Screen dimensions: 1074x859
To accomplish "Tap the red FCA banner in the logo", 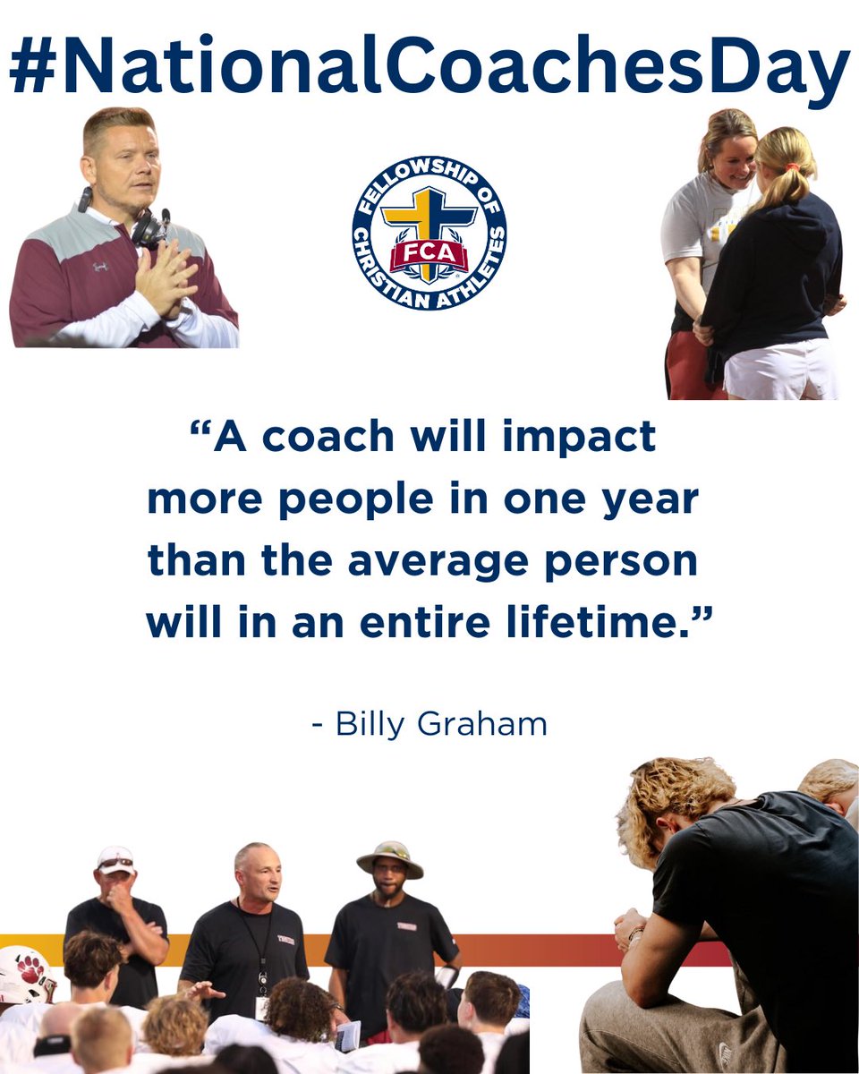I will [x=429, y=254].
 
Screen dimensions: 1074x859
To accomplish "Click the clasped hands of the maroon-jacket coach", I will [x=166, y=277].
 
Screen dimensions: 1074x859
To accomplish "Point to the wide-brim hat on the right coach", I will [x=389, y=858].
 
